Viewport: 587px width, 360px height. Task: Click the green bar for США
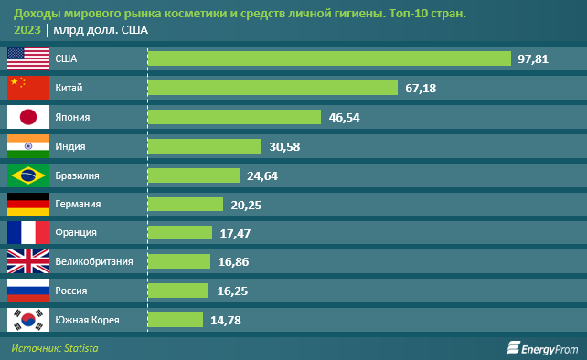(x=329, y=58)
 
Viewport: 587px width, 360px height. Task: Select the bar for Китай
(x=272, y=88)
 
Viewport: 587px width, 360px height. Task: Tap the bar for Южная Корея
(x=175, y=320)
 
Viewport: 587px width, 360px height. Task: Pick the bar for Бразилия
(x=194, y=175)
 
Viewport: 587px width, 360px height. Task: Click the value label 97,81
(x=533, y=58)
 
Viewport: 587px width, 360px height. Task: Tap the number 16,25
(x=228, y=291)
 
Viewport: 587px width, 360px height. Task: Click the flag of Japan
(x=27, y=117)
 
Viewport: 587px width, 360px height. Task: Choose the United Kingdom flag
(x=27, y=261)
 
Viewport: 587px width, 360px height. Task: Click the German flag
(x=27, y=204)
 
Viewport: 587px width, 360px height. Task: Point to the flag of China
(x=27, y=88)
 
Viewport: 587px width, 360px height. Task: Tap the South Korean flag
(x=27, y=320)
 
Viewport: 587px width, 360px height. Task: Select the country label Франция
(x=77, y=233)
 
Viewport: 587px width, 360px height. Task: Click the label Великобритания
(x=94, y=261)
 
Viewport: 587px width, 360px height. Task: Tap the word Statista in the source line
(x=80, y=348)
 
